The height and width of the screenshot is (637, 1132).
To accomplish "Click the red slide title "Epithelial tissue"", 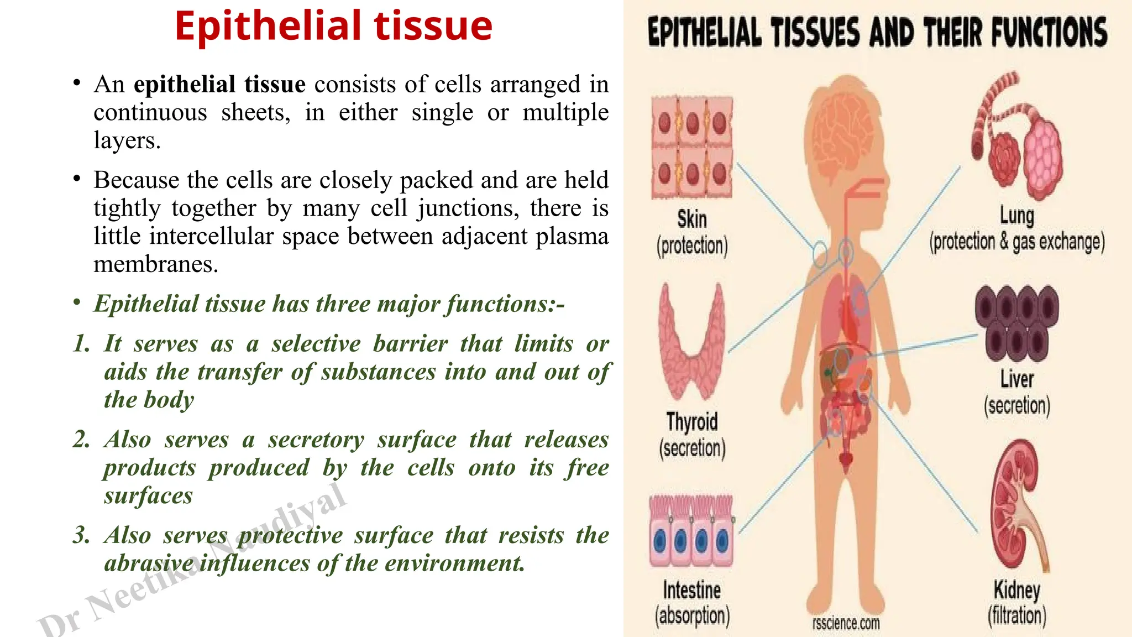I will tap(333, 26).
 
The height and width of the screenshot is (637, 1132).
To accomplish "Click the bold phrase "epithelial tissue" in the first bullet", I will tap(219, 85).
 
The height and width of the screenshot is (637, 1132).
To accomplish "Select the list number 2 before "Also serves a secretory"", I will tap(81, 440).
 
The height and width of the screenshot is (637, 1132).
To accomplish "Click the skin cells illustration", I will tap(692, 147).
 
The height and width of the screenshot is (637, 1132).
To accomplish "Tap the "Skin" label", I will tap(692, 219).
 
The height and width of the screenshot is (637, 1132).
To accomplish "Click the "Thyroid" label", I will tap(692, 422).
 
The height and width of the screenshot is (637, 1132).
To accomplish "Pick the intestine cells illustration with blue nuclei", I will tap(691, 531).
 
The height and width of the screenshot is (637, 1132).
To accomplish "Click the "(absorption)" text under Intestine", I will tap(692, 615).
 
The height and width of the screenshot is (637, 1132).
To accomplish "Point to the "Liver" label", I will tap(1016, 379).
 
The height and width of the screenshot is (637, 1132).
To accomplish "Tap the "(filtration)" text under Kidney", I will tap(1017, 615).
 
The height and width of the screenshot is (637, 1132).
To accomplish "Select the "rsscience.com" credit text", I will tap(846, 624).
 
